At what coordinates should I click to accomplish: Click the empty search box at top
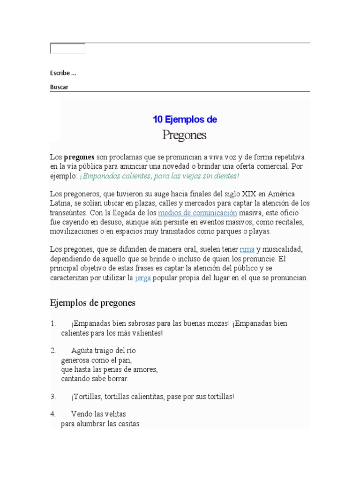(67, 49)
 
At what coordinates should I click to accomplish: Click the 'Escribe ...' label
(63, 73)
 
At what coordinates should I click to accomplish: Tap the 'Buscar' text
(59, 87)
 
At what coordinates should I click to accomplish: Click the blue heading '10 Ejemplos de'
(185, 120)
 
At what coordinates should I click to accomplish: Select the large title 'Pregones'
(184, 135)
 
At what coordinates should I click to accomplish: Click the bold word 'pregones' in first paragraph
(79, 157)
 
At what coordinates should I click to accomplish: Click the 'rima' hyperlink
(247, 249)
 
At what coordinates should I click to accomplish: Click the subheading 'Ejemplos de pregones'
(93, 303)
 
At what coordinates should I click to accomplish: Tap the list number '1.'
(53, 323)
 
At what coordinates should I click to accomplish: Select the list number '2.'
(53, 351)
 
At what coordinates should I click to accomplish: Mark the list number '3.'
(53, 397)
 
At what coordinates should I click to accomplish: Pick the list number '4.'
(53, 414)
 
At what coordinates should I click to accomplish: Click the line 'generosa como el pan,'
(97, 360)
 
